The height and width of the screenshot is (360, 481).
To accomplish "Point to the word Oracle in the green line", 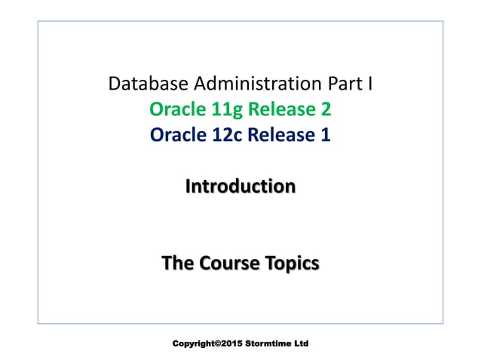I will click(173, 110).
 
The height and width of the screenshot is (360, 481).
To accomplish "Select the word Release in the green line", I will click(274, 110).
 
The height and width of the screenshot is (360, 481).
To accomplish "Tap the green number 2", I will click(326, 110).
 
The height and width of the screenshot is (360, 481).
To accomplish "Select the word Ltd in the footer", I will click(302, 343).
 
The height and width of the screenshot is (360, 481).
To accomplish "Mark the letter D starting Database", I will click(116, 84).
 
